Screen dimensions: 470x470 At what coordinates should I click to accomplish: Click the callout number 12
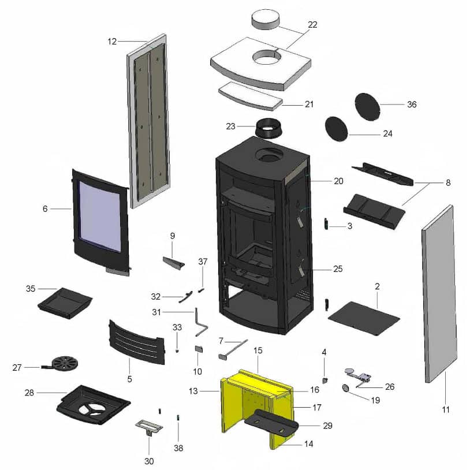pos(112,41)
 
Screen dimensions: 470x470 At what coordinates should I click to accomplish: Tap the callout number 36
pos(411,105)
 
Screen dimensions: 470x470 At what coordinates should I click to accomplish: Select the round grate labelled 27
pos(64,364)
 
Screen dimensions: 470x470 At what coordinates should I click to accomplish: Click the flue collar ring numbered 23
pos(269,128)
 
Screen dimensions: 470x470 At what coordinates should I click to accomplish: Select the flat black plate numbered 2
pos(364,316)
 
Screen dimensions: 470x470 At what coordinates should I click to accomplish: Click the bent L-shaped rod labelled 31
pos(200,323)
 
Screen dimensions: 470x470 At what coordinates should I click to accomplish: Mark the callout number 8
pos(448,182)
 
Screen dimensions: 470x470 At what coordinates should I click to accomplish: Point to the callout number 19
pos(376,399)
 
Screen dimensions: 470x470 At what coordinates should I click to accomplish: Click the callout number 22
pos(312,25)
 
